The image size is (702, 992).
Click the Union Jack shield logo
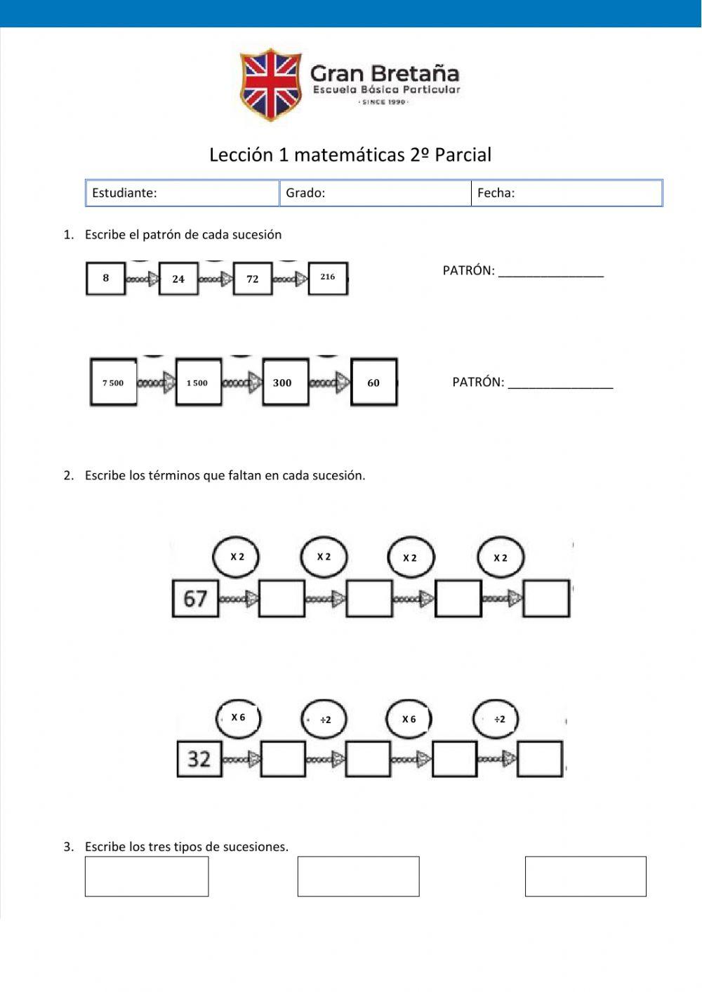(x=270, y=84)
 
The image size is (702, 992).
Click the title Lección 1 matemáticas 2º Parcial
(x=350, y=155)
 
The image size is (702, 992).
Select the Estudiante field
(x=183, y=193)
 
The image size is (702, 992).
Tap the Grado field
(x=376, y=193)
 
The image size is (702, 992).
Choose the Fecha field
(x=567, y=193)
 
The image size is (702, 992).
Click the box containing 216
(x=328, y=278)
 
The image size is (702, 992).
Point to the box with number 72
(x=253, y=279)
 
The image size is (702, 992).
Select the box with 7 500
(x=113, y=383)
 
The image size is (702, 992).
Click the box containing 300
(x=285, y=383)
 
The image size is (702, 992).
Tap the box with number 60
(x=373, y=383)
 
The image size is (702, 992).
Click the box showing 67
(x=195, y=599)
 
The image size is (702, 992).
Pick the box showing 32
(x=199, y=759)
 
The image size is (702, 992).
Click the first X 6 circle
(x=238, y=717)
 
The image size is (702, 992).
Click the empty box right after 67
(x=282, y=599)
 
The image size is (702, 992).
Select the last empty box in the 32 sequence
(x=540, y=759)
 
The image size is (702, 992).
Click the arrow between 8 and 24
(x=143, y=279)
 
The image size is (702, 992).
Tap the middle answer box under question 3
(x=358, y=876)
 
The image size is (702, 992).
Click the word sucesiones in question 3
(x=254, y=847)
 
